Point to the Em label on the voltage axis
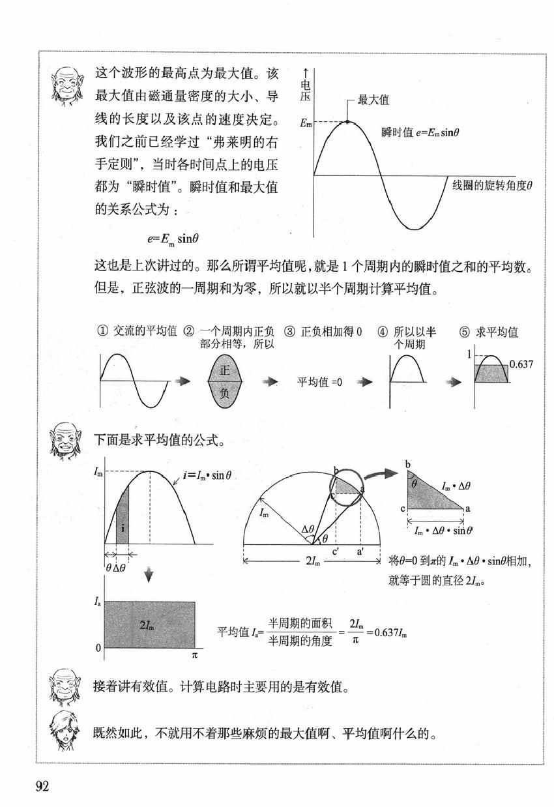pos(305,123)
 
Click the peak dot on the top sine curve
pos(347,122)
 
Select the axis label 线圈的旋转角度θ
pos(493,185)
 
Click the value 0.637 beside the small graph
pos(521,364)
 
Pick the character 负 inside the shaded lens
pos(224,393)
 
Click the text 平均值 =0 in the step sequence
pos(320,382)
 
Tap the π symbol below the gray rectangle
pos(194,654)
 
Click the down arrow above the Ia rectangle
pos(149,574)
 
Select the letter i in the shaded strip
pos(122,529)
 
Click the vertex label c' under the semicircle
pos(334,553)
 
